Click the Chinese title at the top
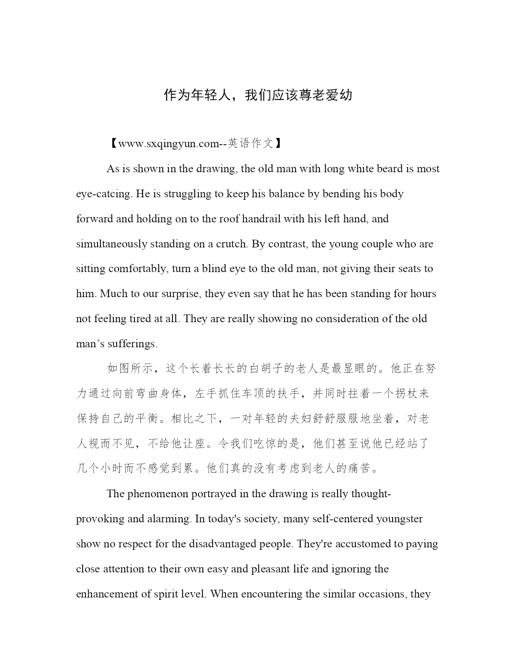point(258,95)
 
